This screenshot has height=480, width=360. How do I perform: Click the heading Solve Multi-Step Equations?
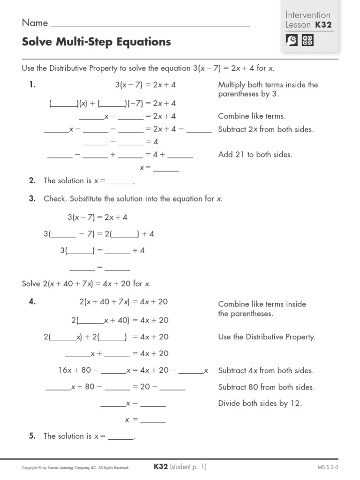[96, 42]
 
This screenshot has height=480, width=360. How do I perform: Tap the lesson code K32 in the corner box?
[324, 25]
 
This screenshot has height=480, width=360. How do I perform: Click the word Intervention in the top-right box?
[308, 15]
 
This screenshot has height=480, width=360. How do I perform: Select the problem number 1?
[32, 85]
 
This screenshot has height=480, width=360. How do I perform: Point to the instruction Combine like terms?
[252, 116]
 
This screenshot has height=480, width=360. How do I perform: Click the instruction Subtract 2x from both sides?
[266, 129]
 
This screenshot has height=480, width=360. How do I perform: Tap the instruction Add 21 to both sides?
[255, 155]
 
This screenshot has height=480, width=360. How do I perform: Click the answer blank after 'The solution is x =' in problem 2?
[120, 181]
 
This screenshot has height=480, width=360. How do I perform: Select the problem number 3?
[32, 199]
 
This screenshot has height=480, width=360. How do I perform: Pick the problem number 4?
[32, 302]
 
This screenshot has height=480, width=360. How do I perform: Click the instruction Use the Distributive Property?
[267, 337]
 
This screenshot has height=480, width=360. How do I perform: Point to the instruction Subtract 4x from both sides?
[266, 371]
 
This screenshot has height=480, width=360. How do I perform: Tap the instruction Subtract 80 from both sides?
[266, 387]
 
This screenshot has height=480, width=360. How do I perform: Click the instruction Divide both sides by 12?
[260, 404]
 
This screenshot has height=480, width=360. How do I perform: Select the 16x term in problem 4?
[64, 370]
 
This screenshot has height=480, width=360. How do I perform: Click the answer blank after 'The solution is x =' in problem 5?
[120, 436]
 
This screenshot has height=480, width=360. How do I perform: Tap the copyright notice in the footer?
[75, 468]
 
